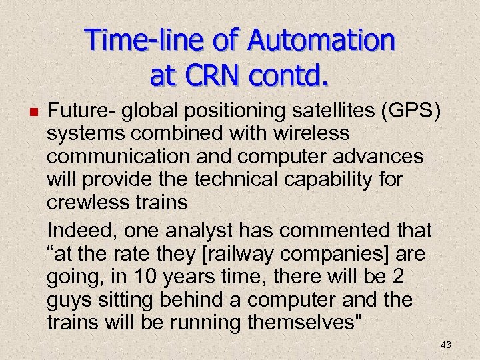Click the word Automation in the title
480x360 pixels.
point(321,41)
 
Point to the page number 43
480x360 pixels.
point(446,344)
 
